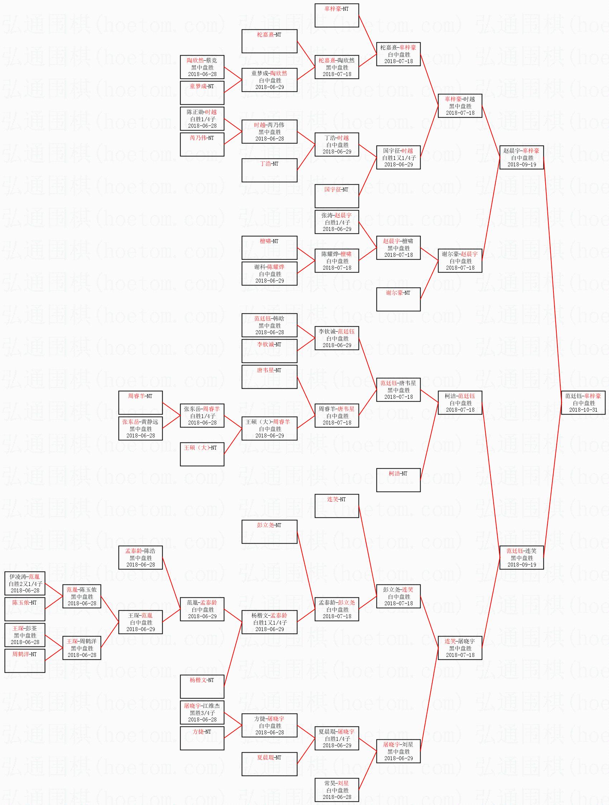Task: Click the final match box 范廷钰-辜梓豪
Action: click(x=583, y=402)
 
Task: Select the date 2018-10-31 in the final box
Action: click(x=583, y=409)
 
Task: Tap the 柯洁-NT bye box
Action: click(x=398, y=480)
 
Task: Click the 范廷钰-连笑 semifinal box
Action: click(x=521, y=558)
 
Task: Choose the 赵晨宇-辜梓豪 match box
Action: click(x=521, y=157)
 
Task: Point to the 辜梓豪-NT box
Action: click(x=336, y=15)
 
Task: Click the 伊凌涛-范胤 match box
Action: click(x=25, y=583)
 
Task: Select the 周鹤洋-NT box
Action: click(x=25, y=660)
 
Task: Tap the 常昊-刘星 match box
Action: click(x=336, y=790)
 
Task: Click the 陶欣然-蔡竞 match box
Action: click(x=202, y=67)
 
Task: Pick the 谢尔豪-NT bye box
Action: click(x=398, y=299)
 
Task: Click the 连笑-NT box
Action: click(x=336, y=506)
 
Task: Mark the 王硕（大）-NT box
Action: click(x=202, y=454)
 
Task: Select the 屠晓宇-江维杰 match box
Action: click(x=202, y=712)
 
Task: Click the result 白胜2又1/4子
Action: click(x=25, y=583)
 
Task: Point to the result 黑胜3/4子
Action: click(x=202, y=712)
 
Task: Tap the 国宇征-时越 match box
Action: click(x=398, y=157)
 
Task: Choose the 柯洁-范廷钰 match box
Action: click(x=460, y=402)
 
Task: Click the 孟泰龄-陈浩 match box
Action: click(x=140, y=558)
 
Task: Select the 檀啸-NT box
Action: click(x=269, y=247)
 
